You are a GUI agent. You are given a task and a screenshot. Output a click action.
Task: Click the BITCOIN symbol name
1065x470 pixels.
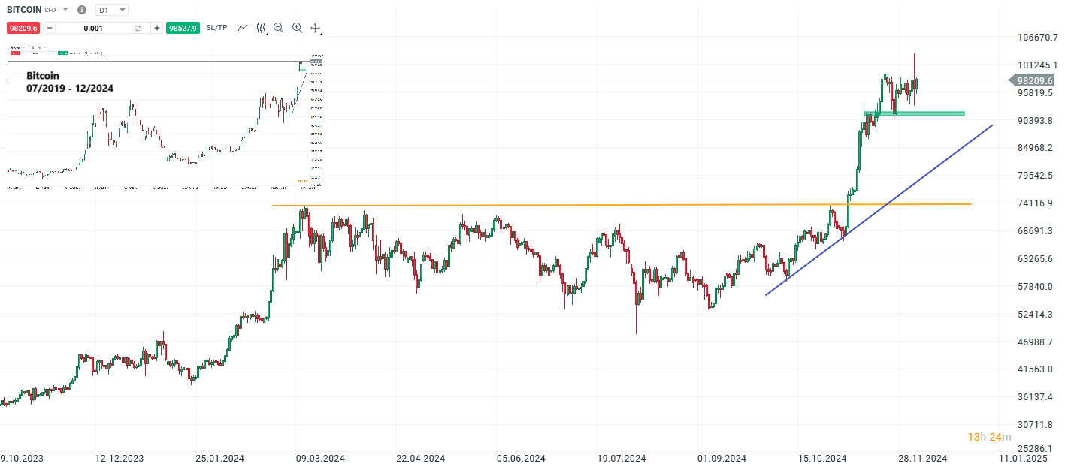(24, 10)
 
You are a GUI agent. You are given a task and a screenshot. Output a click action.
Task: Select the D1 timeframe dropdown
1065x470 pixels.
(112, 10)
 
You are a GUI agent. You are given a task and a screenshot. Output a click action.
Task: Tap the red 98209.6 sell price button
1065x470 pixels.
(23, 28)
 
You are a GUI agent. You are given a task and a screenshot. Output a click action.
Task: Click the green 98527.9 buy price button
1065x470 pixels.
(183, 28)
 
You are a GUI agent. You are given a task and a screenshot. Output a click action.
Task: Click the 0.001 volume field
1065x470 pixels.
(94, 28)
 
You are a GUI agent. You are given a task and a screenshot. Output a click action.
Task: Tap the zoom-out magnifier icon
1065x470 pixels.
(279, 28)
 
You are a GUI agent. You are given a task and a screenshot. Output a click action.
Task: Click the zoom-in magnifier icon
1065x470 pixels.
(297, 28)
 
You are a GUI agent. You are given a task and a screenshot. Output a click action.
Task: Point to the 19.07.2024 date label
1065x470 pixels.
(622, 459)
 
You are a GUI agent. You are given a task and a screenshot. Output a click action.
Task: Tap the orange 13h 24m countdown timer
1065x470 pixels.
(989, 437)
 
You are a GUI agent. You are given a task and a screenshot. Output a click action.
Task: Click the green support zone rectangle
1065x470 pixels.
(924, 114)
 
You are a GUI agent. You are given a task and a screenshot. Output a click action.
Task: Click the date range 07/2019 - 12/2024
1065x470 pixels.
(70, 88)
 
